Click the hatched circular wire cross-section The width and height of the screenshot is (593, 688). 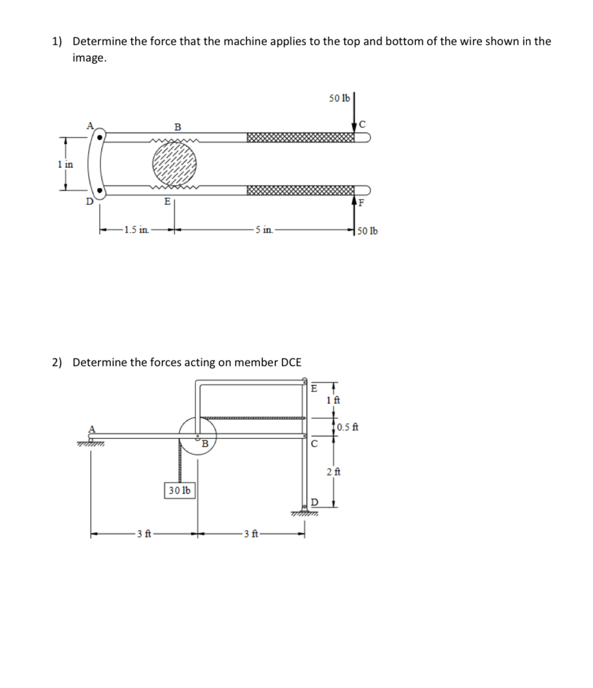pyautogui.click(x=175, y=163)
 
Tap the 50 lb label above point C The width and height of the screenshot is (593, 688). pyautogui.click(x=339, y=98)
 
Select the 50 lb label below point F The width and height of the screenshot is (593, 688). pyautogui.click(x=368, y=231)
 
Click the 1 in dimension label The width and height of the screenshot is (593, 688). pyautogui.click(x=65, y=164)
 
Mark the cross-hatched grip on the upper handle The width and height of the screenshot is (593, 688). pyautogui.click(x=300, y=137)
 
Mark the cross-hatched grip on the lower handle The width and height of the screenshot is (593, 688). pyautogui.click(x=300, y=189)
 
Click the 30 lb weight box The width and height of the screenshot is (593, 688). pyautogui.click(x=180, y=490)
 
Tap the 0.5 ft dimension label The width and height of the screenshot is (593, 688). pyautogui.click(x=350, y=427)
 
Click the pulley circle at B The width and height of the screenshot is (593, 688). pyautogui.click(x=197, y=435)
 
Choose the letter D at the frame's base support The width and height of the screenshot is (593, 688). pyautogui.click(x=315, y=502)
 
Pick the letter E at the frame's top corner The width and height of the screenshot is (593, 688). pyautogui.click(x=315, y=388)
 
